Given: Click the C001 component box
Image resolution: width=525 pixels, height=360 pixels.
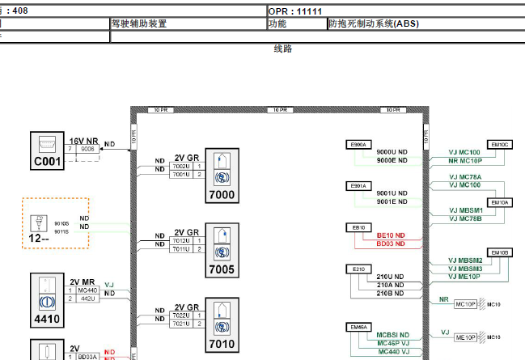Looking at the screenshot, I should pyautogui.click(x=48, y=151).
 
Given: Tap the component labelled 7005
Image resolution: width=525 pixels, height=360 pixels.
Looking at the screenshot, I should pyautogui.click(x=221, y=248).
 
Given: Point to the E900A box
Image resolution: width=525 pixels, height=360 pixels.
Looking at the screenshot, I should pyautogui.click(x=358, y=145).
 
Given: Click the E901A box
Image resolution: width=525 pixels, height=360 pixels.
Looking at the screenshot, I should pyautogui.click(x=358, y=186).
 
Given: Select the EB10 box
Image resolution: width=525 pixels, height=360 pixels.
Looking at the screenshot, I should pyautogui.click(x=358, y=227).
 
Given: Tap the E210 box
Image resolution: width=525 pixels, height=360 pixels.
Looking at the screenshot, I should pyautogui.click(x=358, y=269).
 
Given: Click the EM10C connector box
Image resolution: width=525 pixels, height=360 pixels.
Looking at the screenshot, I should pyautogui.click(x=500, y=144).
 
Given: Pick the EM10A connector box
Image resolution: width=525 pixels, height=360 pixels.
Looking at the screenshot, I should pyautogui.click(x=500, y=202).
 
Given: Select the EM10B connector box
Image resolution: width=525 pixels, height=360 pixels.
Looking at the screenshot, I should pyautogui.click(x=500, y=252).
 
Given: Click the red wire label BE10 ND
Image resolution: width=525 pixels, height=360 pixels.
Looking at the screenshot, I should pyautogui.click(x=391, y=235).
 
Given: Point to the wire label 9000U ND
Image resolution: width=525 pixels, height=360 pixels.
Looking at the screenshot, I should pyautogui.click(x=392, y=152).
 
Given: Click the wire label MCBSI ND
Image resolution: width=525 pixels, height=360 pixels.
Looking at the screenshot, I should pyautogui.click(x=393, y=334).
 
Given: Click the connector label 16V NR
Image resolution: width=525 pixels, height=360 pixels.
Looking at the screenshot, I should pyautogui.click(x=83, y=141).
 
